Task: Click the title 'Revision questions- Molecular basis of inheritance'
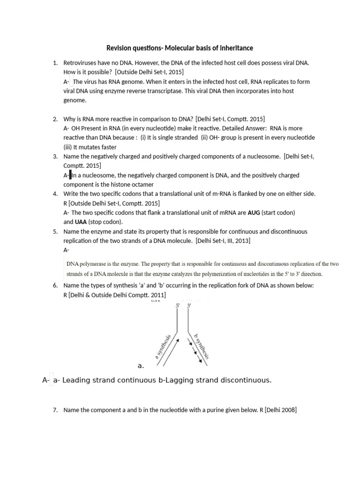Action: coord(180,48)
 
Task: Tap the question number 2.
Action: coord(55,119)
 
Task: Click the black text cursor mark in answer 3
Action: coord(70,175)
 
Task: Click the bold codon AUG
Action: coord(254,212)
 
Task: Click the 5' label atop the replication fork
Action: coord(178,305)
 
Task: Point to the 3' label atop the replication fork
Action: coord(189,305)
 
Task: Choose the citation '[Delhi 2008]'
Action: coord(280,410)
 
